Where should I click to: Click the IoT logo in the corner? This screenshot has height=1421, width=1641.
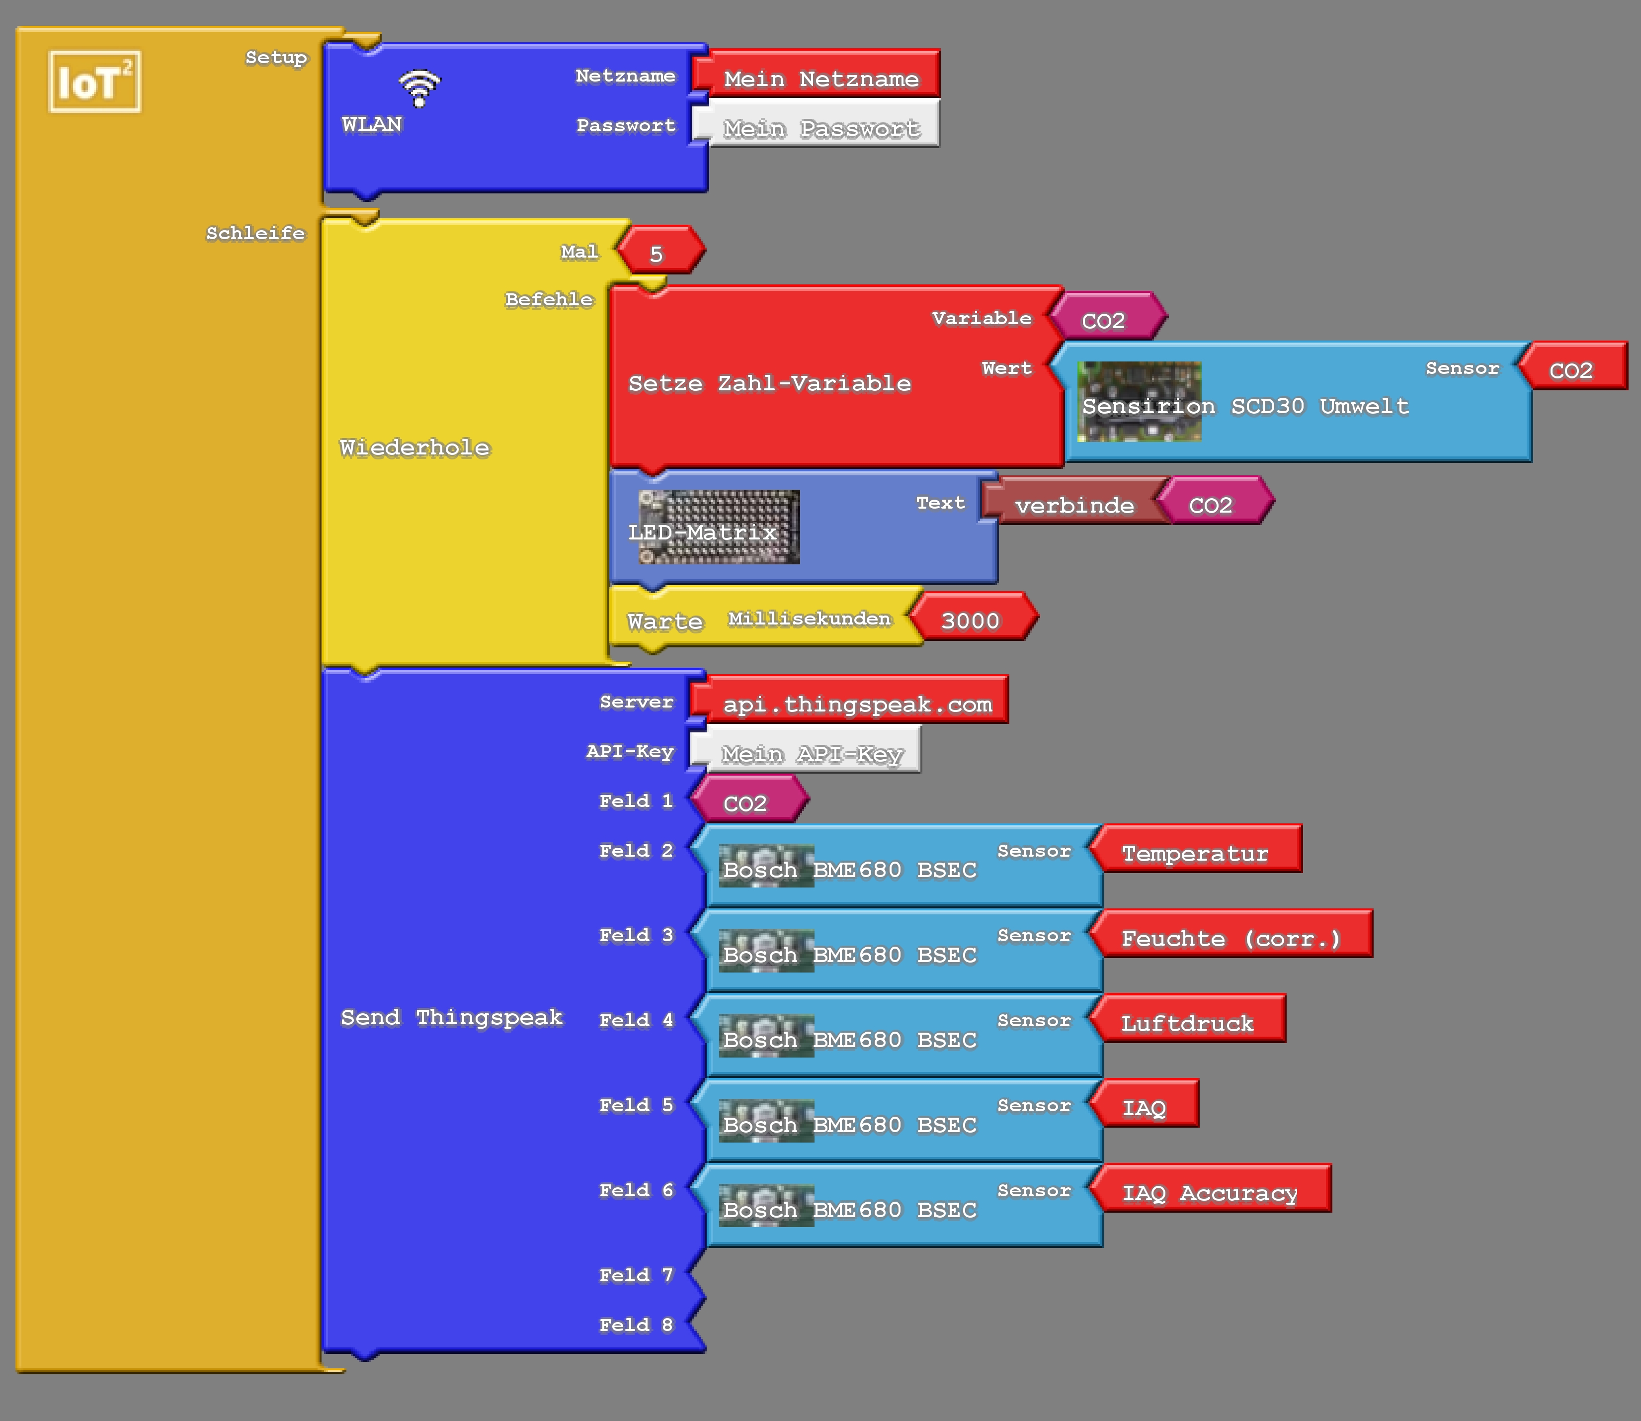[94, 82]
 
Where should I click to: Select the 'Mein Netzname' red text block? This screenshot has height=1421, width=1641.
[820, 79]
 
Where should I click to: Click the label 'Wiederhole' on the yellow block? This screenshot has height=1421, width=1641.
[414, 447]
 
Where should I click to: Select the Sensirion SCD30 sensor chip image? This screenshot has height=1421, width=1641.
[1139, 401]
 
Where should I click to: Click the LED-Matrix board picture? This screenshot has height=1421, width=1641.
[719, 527]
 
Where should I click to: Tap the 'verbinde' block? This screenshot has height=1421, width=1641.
[1074, 505]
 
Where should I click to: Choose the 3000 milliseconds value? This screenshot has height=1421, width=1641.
[971, 620]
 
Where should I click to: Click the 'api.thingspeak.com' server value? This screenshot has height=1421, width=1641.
[856, 704]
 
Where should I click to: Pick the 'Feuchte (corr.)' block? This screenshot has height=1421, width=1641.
[1231, 938]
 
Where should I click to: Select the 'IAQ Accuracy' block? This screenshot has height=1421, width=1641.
[1210, 1193]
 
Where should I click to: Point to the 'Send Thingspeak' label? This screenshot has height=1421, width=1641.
[451, 1017]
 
